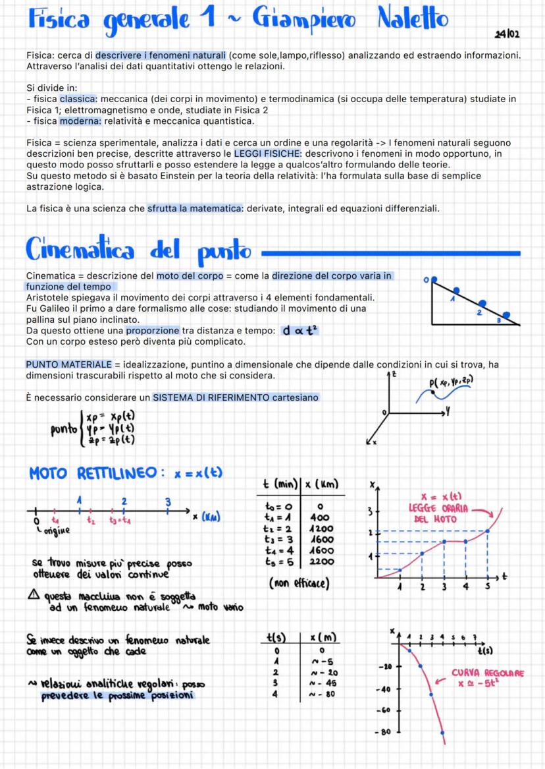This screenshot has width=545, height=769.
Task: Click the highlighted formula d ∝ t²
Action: click(299, 330)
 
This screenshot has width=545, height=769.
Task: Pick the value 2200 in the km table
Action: click(322, 561)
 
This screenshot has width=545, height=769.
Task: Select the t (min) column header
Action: click(277, 485)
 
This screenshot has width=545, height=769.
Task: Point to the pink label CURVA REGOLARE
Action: click(488, 673)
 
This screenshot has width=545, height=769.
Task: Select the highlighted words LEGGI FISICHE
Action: click(248, 154)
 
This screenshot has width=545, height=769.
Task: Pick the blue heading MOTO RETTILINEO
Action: click(92, 473)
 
